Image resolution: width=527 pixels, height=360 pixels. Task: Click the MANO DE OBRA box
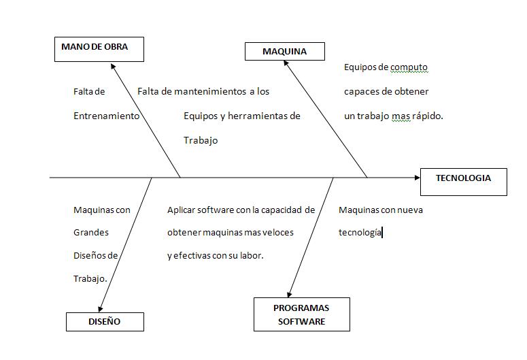99,48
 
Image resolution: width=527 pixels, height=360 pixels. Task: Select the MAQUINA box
284,51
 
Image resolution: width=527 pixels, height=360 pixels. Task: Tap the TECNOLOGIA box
463,181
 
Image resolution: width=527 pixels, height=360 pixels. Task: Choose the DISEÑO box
105,321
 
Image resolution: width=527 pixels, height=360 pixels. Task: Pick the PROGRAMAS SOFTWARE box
301,314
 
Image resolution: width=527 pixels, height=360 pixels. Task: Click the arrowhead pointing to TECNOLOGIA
416,178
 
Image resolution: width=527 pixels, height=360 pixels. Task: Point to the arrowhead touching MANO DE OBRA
114,66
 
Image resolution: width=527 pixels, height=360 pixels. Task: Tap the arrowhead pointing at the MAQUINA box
288,65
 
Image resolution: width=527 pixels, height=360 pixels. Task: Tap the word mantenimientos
210,91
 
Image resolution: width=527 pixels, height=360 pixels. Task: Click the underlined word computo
409,67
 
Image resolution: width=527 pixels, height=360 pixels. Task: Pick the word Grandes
90,232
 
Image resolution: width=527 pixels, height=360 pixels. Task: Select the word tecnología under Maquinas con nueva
360,233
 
